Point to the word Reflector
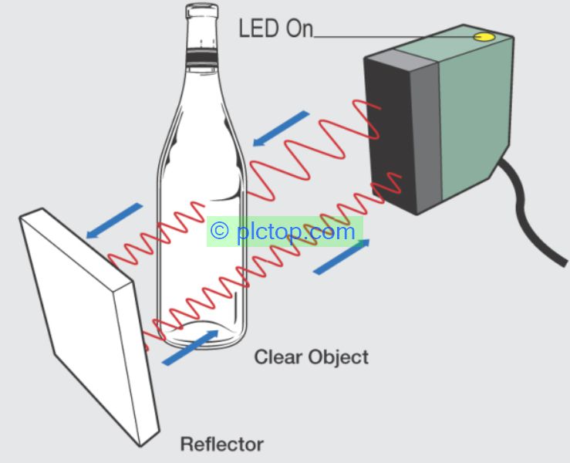coord(221,444)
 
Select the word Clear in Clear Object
coord(278,357)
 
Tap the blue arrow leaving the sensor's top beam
coord(281,127)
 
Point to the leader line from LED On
coord(393,35)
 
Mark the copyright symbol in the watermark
coord(221,231)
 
